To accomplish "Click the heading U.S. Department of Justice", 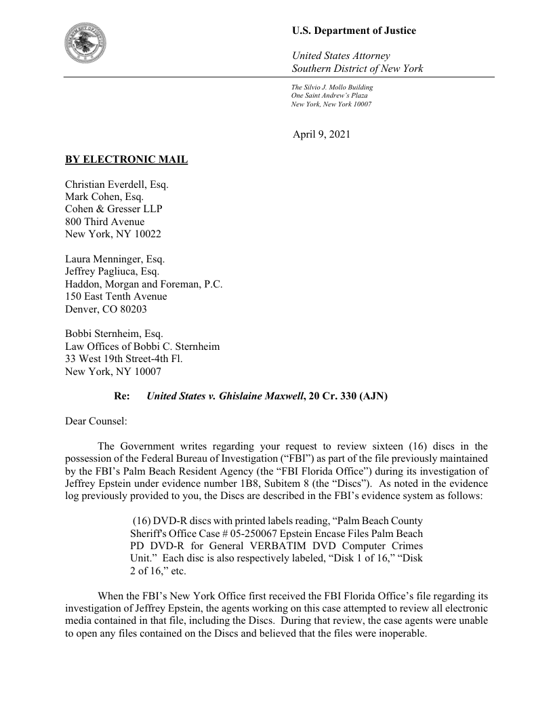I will pyautogui.click(x=354, y=31).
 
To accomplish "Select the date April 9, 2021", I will pyautogui.click(x=321, y=134).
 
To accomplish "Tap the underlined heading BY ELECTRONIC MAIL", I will pyautogui.click(x=126, y=160).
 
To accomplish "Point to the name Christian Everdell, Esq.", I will pyautogui.click(x=117, y=184).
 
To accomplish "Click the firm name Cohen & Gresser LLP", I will pyautogui.click(x=113, y=209).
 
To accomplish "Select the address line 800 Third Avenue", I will pyautogui.click(x=104, y=221).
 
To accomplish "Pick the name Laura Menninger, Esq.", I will pyautogui.click(x=115, y=259).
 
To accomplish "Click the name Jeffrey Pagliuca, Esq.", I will pyautogui.click(x=112, y=271).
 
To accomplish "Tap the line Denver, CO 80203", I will pyautogui.click(x=105, y=309).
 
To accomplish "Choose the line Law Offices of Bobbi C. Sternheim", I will pyautogui.click(x=142, y=346).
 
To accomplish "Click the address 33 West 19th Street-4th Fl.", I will pyautogui.click(x=123, y=359).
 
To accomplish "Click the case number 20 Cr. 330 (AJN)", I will pyautogui.click(x=348, y=396).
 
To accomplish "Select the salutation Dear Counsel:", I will pyautogui.click(x=96, y=421).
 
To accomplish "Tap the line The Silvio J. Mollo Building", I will pyautogui.click(x=332, y=87).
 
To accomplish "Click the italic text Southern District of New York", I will pyautogui.click(x=357, y=68).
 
